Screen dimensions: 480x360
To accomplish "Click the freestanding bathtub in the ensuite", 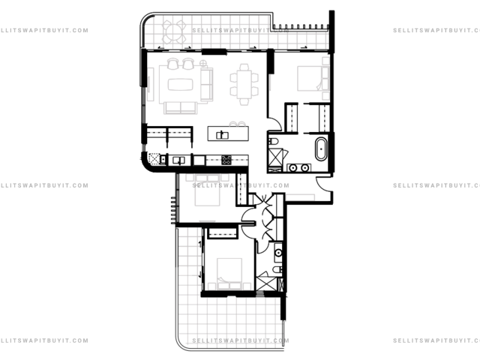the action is point(320,149).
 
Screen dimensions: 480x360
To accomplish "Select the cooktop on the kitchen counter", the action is point(226,160).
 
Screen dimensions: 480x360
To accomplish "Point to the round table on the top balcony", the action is point(174,31).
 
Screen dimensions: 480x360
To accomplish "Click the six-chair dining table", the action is point(244,85).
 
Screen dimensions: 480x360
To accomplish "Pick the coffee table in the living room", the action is point(180,85).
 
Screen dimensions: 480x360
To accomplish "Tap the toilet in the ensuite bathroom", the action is point(273,141).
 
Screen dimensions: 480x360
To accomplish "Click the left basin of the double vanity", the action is point(293,168).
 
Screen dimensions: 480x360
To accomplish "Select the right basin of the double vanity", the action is point(304,168).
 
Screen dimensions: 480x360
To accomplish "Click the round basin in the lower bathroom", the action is point(278,253).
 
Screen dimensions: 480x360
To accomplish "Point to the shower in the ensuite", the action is point(275,157).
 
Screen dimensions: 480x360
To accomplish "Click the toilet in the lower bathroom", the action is point(277,269).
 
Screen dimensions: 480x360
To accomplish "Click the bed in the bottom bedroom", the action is point(229,274).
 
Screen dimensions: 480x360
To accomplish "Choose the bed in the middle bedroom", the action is point(207,190).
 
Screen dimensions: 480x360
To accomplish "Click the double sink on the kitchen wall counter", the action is point(178,160).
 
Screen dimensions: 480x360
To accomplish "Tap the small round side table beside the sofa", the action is point(203,63).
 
